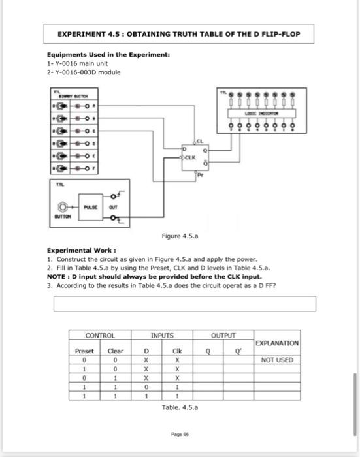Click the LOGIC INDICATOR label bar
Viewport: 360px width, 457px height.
pos(264,114)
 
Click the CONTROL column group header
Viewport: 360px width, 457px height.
pos(100,336)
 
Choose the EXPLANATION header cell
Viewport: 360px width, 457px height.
pos(276,343)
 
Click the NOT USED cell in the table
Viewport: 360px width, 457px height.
pos(276,360)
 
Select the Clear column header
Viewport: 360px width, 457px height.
pos(115,351)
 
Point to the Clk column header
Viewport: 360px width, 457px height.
pos(176,351)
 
